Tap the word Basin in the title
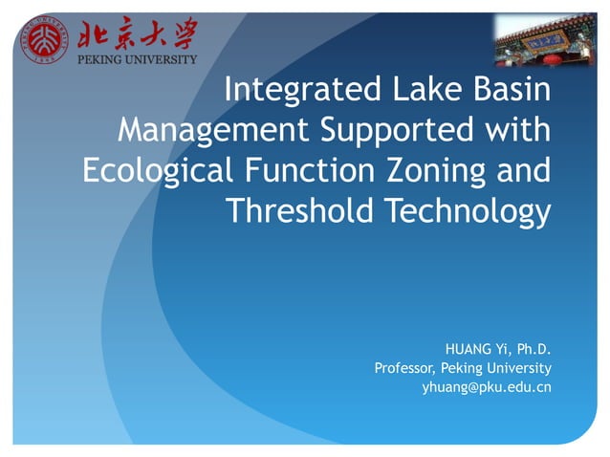pos(512,91)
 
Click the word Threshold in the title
pos(303,211)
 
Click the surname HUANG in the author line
pos(468,347)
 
